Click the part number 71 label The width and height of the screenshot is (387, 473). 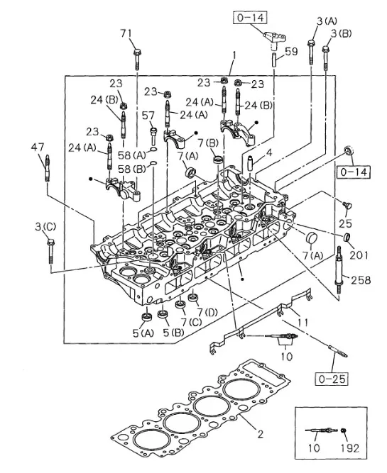(x=126, y=33)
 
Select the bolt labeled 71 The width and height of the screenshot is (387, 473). (x=137, y=59)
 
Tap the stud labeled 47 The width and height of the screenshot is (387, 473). (x=48, y=168)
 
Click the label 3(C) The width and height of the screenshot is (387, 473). (x=45, y=226)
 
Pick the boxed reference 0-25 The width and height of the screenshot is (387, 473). (x=332, y=379)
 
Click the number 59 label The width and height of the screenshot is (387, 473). (x=292, y=52)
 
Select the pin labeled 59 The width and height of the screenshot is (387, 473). (x=274, y=60)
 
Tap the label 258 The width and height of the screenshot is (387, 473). (x=361, y=280)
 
